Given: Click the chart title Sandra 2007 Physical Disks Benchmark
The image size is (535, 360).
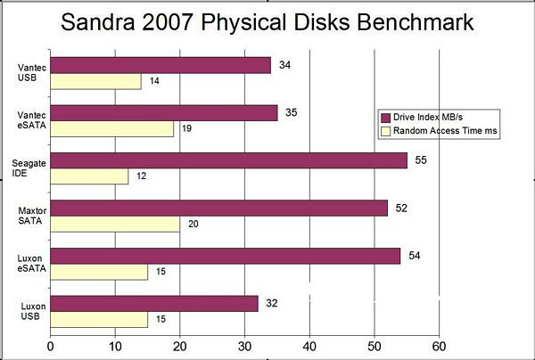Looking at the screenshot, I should [x=267, y=22].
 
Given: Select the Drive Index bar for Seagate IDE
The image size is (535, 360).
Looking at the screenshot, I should [x=228, y=160].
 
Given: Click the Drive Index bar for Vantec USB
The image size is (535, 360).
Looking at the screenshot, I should [x=160, y=65].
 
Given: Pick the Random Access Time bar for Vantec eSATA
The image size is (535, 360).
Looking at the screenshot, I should [x=111, y=128].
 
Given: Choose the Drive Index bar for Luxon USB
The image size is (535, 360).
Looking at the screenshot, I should [x=154, y=303].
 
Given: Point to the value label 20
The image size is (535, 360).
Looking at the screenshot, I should [x=193, y=224].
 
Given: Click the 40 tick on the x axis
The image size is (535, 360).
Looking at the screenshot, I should [x=309, y=346].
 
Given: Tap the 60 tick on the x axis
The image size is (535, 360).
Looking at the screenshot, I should [x=438, y=346].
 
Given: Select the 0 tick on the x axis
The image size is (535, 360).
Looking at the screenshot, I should [x=51, y=346].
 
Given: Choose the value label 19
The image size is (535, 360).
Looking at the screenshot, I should [x=188, y=128].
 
